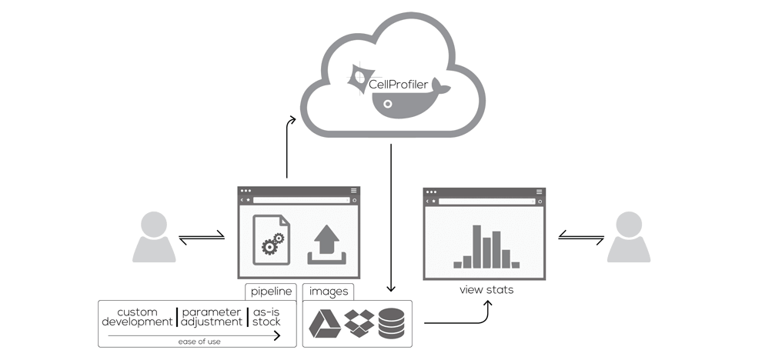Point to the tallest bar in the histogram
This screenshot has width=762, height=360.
[477, 245]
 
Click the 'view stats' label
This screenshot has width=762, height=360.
[486, 290]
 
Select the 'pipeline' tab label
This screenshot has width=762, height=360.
[271, 292]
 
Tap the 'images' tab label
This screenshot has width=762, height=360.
[327, 292]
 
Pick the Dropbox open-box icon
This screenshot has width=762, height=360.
[359, 323]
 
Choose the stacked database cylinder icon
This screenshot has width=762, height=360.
[393, 323]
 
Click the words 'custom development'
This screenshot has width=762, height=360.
[137, 317]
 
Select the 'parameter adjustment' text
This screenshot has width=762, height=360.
[212, 317]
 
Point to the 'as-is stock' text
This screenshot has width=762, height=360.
[268, 317]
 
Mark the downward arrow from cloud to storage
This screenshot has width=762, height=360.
[391, 215]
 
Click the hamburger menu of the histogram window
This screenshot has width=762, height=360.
[539, 191]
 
